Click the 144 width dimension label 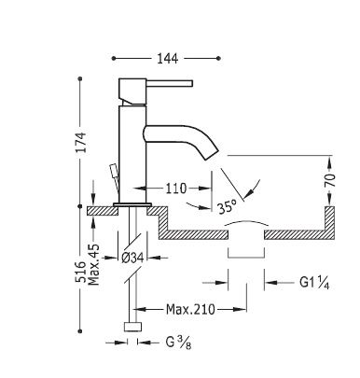coord(168,58)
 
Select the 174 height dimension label coord(81,142)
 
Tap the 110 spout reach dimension coord(175,189)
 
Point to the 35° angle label coord(227,206)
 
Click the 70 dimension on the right coord(330,180)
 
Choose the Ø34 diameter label coord(132,258)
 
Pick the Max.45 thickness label coord(94,265)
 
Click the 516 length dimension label coord(80,272)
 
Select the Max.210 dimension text coord(190,309)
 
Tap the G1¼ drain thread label coord(314,283)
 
